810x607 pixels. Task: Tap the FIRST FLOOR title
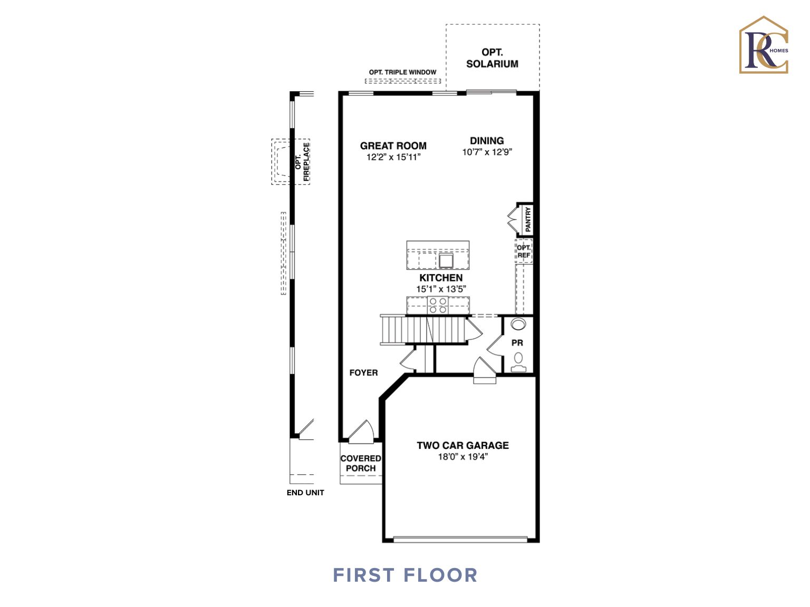coord(405,575)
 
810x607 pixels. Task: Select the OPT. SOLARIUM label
coord(492,58)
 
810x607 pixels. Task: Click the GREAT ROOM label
coord(393,146)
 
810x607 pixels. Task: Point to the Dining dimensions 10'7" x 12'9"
coord(487,152)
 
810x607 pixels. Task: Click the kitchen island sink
coord(446,260)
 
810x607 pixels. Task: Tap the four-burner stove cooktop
coord(438,306)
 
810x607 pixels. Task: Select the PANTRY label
coord(528,219)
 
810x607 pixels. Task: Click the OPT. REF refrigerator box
coord(524,251)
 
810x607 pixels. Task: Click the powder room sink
coord(518,324)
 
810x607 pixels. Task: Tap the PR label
coord(517,343)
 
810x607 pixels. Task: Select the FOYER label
coord(363,373)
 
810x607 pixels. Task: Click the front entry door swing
coord(362,431)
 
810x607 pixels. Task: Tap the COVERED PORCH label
coord(361,463)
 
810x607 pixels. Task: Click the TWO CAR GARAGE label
coord(462,445)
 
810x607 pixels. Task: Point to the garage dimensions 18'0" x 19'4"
coord(462,457)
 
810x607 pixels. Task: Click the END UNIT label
coord(305,493)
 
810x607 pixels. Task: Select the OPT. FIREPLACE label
coord(302,162)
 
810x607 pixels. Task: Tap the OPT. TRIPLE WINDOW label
coord(402,72)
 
